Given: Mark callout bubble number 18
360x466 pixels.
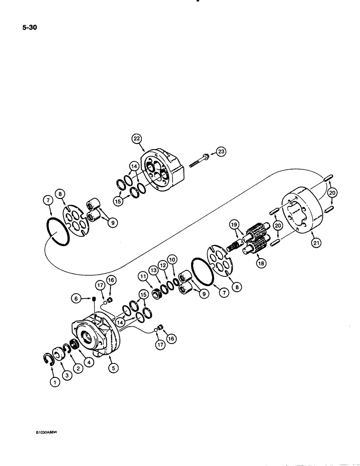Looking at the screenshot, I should tap(260, 263).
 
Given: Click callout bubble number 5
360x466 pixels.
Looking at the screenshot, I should tap(112, 368).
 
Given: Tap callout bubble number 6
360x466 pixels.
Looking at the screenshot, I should tap(75, 299).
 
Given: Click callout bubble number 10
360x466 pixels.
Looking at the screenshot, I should tap(172, 259).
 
